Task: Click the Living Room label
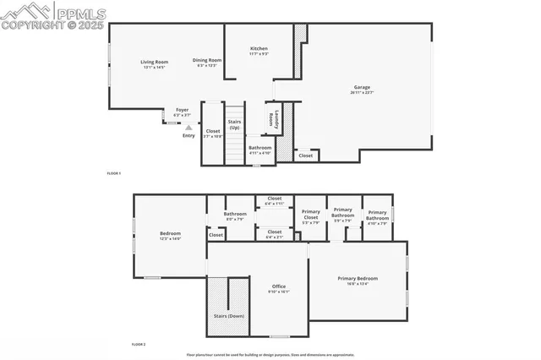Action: pos(155,62)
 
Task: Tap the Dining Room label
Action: pos(207,60)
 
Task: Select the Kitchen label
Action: pos(259,49)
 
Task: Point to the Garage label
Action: pos(362,87)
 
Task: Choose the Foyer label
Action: pos(182,110)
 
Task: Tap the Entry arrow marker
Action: pos(177,127)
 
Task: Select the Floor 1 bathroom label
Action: pos(260,148)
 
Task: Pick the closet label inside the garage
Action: pos(305,155)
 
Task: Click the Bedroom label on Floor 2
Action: pos(171,234)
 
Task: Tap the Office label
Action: pos(279,286)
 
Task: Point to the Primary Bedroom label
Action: pos(358,278)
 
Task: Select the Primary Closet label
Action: pos(310,215)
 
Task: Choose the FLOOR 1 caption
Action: pos(114,173)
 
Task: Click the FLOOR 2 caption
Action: pos(139,345)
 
